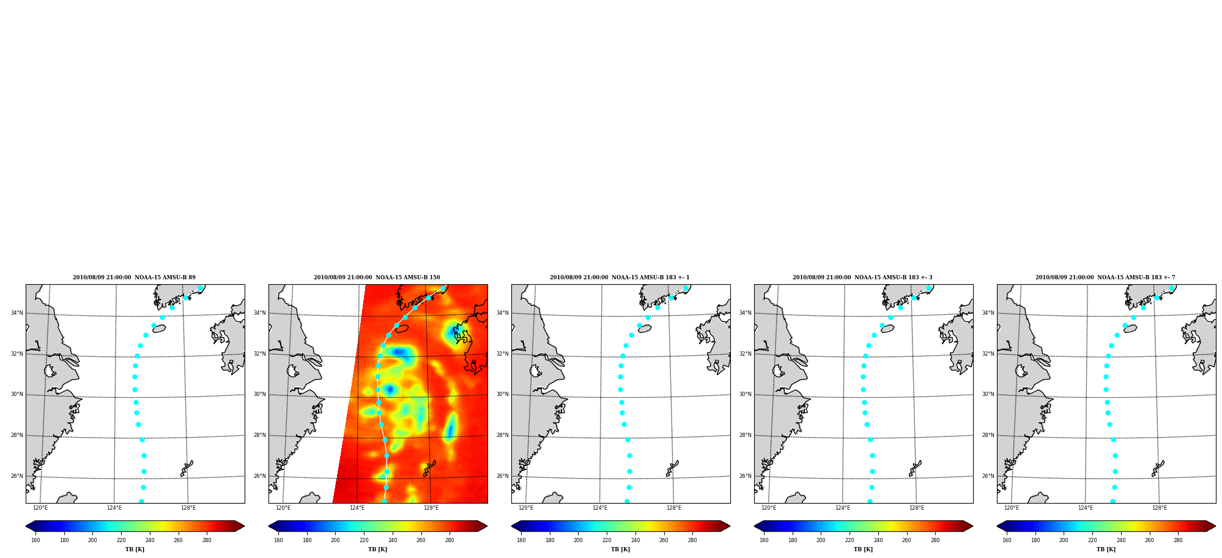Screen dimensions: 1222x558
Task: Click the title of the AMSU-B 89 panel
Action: tap(134, 277)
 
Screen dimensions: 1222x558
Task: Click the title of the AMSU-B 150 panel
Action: tap(377, 277)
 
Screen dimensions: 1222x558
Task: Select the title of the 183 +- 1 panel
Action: tap(620, 277)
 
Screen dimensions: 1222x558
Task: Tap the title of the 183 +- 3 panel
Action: tap(862, 277)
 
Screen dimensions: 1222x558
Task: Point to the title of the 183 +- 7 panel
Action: tap(1105, 277)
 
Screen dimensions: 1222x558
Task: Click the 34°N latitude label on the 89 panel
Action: tap(17, 313)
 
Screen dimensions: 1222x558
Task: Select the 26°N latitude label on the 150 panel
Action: tap(259, 476)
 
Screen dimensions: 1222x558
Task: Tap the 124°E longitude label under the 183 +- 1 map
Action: tap(600, 508)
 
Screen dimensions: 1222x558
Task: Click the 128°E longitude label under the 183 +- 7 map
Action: tap(1160, 508)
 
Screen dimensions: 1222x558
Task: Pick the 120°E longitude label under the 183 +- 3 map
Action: tap(769, 508)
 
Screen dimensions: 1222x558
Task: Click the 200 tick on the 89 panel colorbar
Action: tap(92, 540)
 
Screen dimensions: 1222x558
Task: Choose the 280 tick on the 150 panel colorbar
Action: tap(450, 540)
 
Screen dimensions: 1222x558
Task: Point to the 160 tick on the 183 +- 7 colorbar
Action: tap(1007, 540)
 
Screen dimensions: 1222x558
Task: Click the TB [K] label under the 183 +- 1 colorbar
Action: tap(620, 549)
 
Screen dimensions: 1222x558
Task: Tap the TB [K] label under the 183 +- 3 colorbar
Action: tap(863, 549)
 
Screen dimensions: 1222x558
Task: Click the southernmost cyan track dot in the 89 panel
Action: tap(141, 501)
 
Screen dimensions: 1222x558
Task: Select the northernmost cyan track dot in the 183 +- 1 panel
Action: tap(686, 288)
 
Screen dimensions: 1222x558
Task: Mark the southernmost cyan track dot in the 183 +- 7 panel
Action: tap(1113, 501)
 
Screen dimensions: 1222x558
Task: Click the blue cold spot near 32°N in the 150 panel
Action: tap(400, 351)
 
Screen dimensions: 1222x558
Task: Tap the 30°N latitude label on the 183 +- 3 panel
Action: tap(745, 394)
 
